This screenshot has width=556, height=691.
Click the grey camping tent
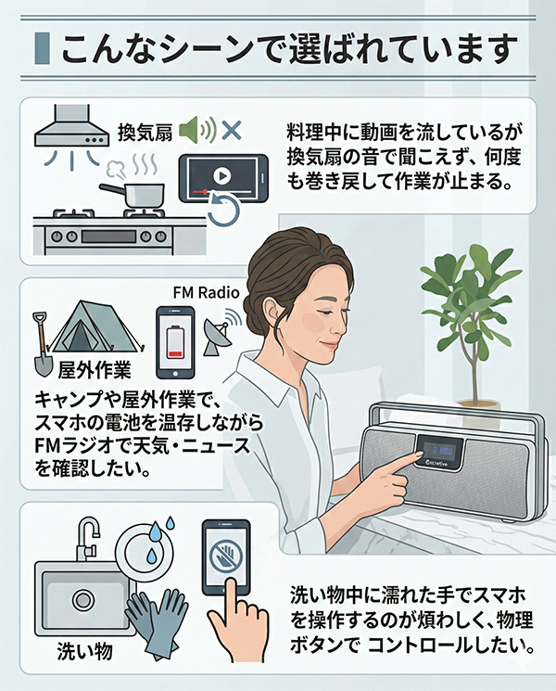[98, 329]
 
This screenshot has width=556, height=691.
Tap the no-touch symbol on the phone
[228, 561]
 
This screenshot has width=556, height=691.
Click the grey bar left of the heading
[41, 47]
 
